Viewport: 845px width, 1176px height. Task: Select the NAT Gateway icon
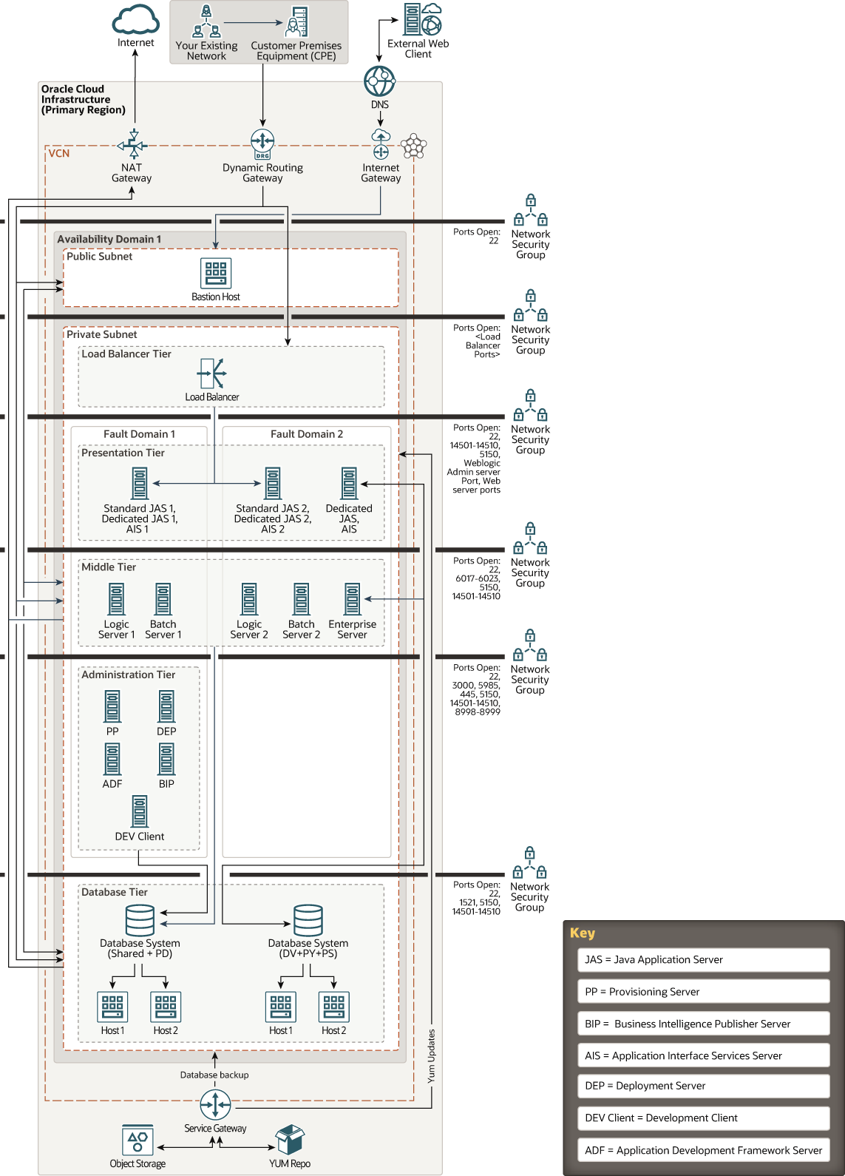point(132,144)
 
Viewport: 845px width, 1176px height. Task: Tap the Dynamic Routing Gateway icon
point(262,143)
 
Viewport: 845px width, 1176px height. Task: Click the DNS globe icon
point(380,81)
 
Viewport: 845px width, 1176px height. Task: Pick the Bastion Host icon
point(216,273)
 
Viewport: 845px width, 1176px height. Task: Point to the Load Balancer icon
point(212,374)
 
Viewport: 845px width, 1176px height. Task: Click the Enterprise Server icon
point(353,599)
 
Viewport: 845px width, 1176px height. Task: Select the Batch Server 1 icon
point(163,599)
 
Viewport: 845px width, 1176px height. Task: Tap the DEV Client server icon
point(140,811)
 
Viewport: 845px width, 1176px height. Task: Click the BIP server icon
point(166,759)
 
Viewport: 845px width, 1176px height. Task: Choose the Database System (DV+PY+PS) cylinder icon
point(308,920)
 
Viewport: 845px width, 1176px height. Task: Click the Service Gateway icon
point(215,1105)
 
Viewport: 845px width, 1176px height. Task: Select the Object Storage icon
point(138,1140)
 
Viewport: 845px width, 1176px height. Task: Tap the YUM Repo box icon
point(290,1140)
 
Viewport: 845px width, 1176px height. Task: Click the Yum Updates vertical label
point(432,1056)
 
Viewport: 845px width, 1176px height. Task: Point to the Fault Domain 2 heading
point(307,434)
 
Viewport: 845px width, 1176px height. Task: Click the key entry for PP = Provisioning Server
point(703,992)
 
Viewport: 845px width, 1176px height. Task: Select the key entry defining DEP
point(703,1086)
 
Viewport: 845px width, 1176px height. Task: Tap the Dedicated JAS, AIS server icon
point(349,484)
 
